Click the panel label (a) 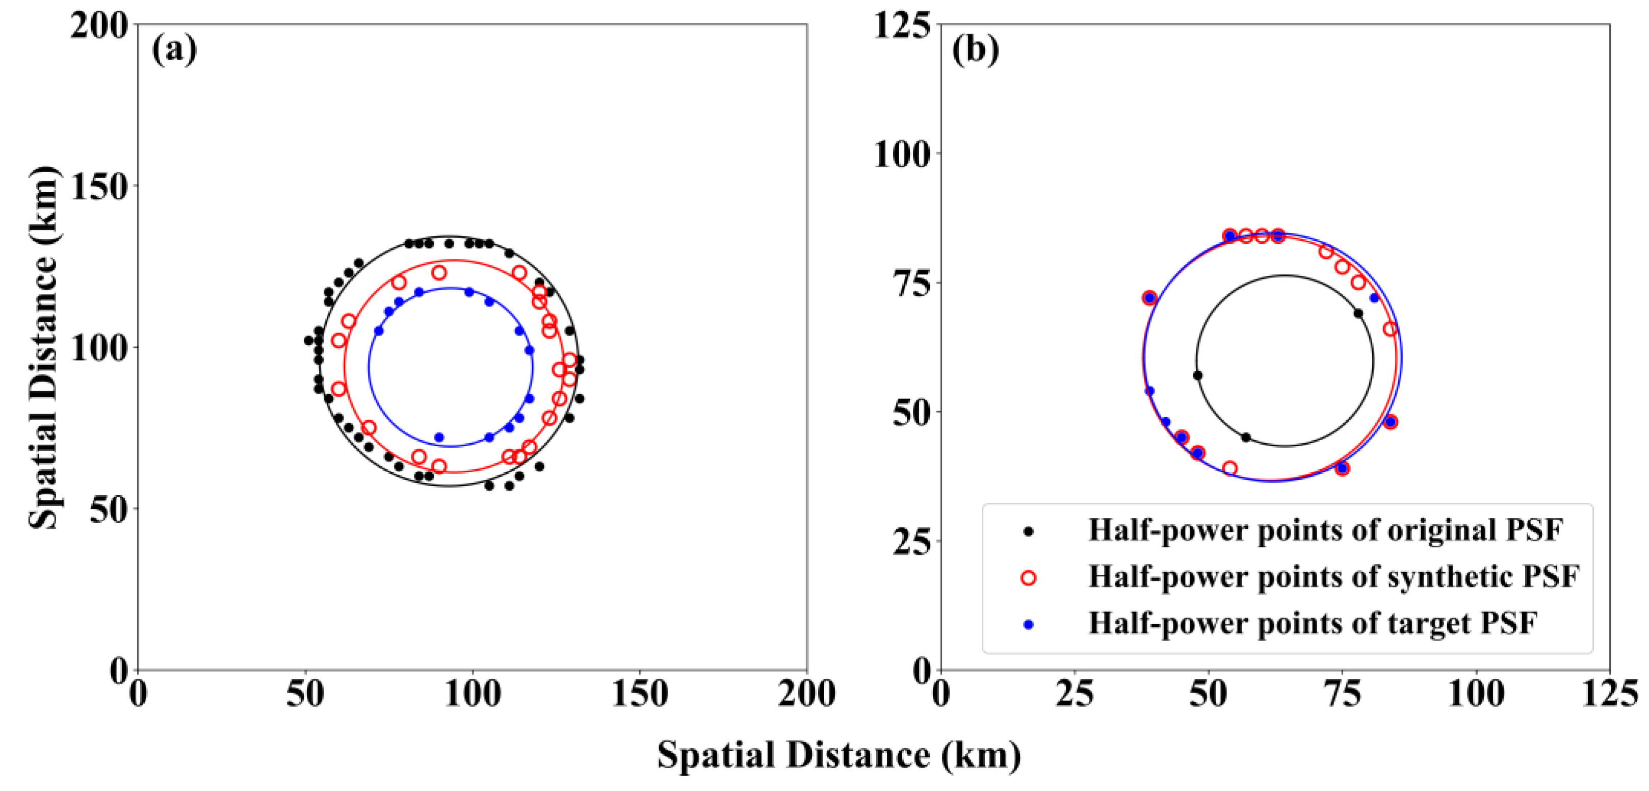[174, 49]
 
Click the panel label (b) [975, 49]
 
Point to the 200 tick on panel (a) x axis [806, 694]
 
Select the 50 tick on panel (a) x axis [305, 694]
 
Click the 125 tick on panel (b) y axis [903, 26]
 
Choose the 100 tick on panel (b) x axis [1476, 694]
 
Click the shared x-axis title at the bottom [839, 755]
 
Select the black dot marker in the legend [1029, 531]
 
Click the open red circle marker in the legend [1029, 578]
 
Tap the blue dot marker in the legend [1029, 624]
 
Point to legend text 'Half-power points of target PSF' [1312, 624]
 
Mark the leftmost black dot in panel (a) [308, 341]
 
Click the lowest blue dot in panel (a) [439, 438]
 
